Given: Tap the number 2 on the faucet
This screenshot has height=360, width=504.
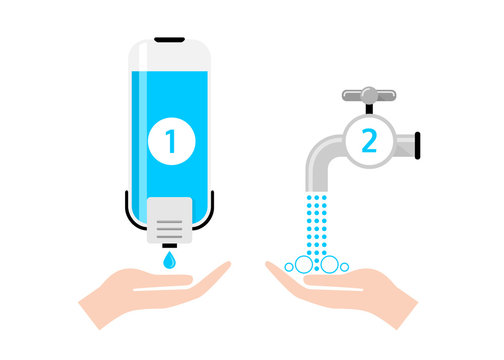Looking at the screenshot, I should click(x=369, y=141).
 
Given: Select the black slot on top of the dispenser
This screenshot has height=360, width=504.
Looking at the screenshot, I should click(x=170, y=40).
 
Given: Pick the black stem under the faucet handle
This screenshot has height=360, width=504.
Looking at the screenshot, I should click(x=369, y=108).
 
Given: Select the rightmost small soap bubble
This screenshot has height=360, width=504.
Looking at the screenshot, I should click(x=343, y=266).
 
